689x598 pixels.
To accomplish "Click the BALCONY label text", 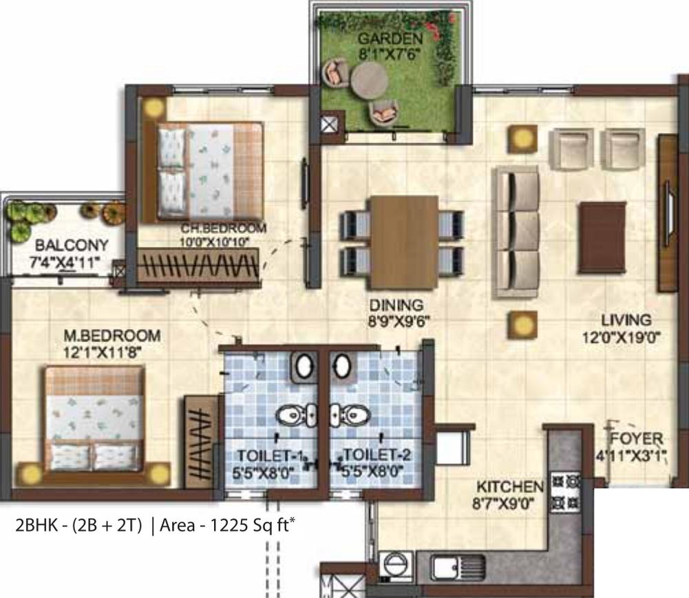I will [x=62, y=245].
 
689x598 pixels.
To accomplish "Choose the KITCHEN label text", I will [x=509, y=487].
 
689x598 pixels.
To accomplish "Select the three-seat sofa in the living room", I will [x=516, y=232].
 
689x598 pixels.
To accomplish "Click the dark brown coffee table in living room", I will [x=602, y=236].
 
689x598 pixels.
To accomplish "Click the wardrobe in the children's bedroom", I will [x=199, y=265].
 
